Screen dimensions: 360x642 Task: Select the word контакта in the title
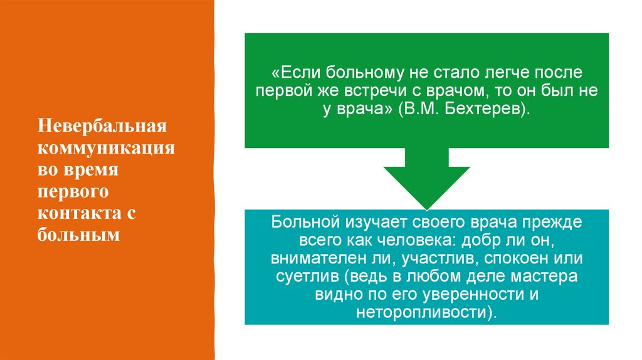click(x=77, y=214)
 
